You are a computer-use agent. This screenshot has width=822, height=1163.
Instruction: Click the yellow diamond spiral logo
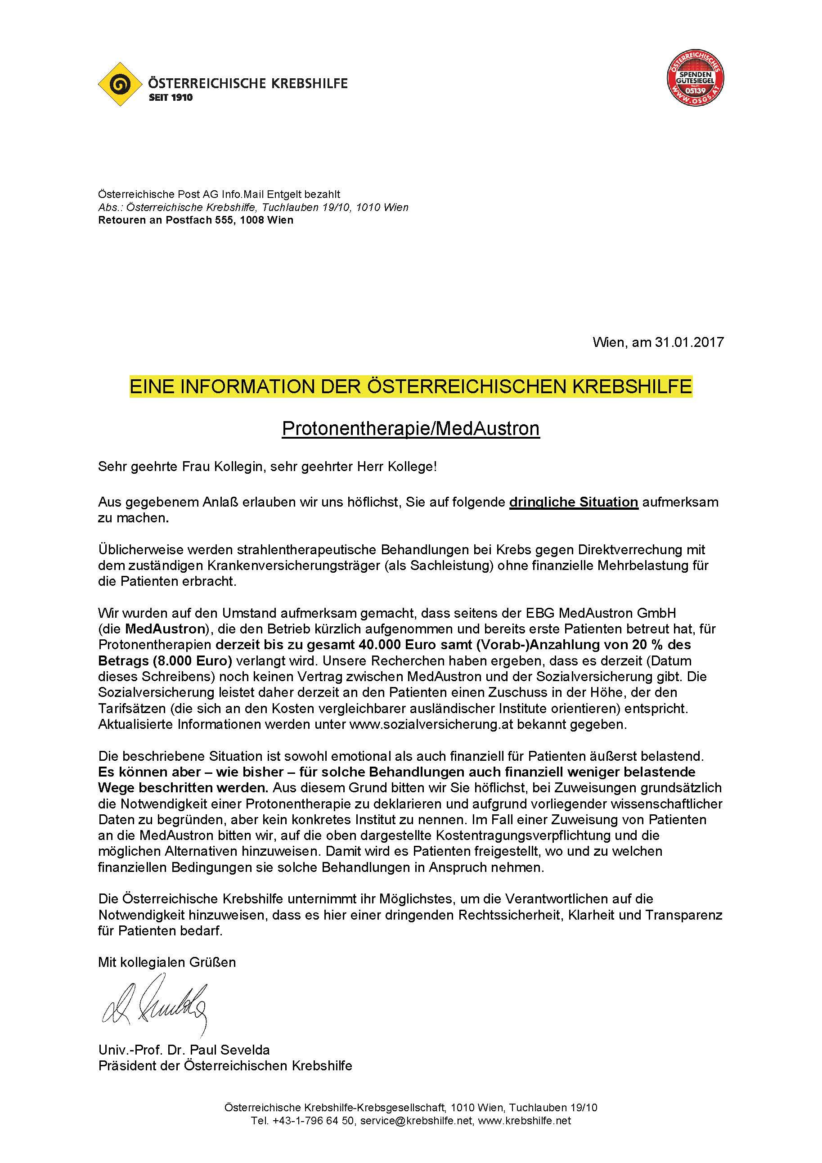tap(120, 84)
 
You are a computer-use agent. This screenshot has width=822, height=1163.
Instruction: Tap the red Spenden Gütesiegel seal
tap(695, 80)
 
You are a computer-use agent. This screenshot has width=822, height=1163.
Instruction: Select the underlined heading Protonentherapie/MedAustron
tap(411, 428)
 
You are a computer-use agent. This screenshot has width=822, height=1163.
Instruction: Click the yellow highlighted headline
tap(411, 387)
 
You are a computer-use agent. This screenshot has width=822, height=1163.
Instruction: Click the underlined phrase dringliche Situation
tap(573, 502)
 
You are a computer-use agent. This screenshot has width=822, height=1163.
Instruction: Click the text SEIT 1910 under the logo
tap(171, 98)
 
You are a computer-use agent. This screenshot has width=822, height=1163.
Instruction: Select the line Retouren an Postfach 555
tap(196, 220)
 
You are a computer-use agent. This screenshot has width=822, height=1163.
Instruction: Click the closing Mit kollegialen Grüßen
tap(167, 962)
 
